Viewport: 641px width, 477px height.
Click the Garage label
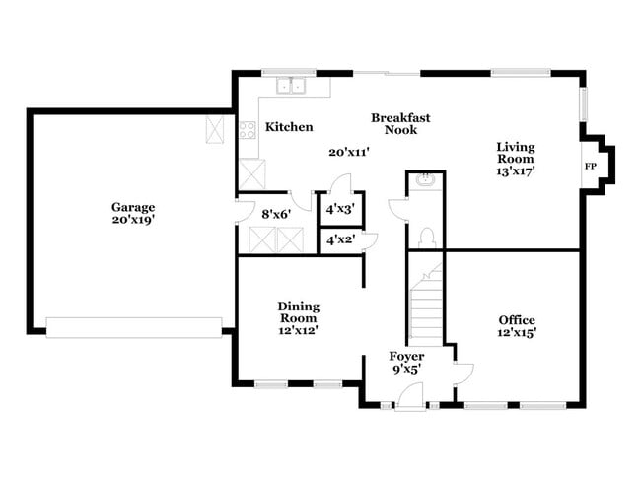(132, 207)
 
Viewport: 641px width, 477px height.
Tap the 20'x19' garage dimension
(132, 220)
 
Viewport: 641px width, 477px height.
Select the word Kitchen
(290, 127)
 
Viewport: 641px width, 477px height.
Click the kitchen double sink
(291, 86)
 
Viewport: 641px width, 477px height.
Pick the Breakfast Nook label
(393, 123)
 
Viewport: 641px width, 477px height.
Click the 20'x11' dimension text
(348, 152)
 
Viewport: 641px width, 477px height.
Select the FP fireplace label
(592, 166)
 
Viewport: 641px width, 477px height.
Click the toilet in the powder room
(426, 237)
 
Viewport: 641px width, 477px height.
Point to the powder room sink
(426, 180)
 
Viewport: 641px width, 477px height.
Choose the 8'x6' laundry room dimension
(275, 212)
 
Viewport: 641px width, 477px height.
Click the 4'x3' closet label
(339, 209)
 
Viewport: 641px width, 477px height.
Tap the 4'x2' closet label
(339, 239)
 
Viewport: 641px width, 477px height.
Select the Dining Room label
(298, 312)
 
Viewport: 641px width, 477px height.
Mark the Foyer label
(406, 357)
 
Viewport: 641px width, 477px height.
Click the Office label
(516, 320)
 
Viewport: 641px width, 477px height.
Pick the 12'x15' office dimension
(516, 334)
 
